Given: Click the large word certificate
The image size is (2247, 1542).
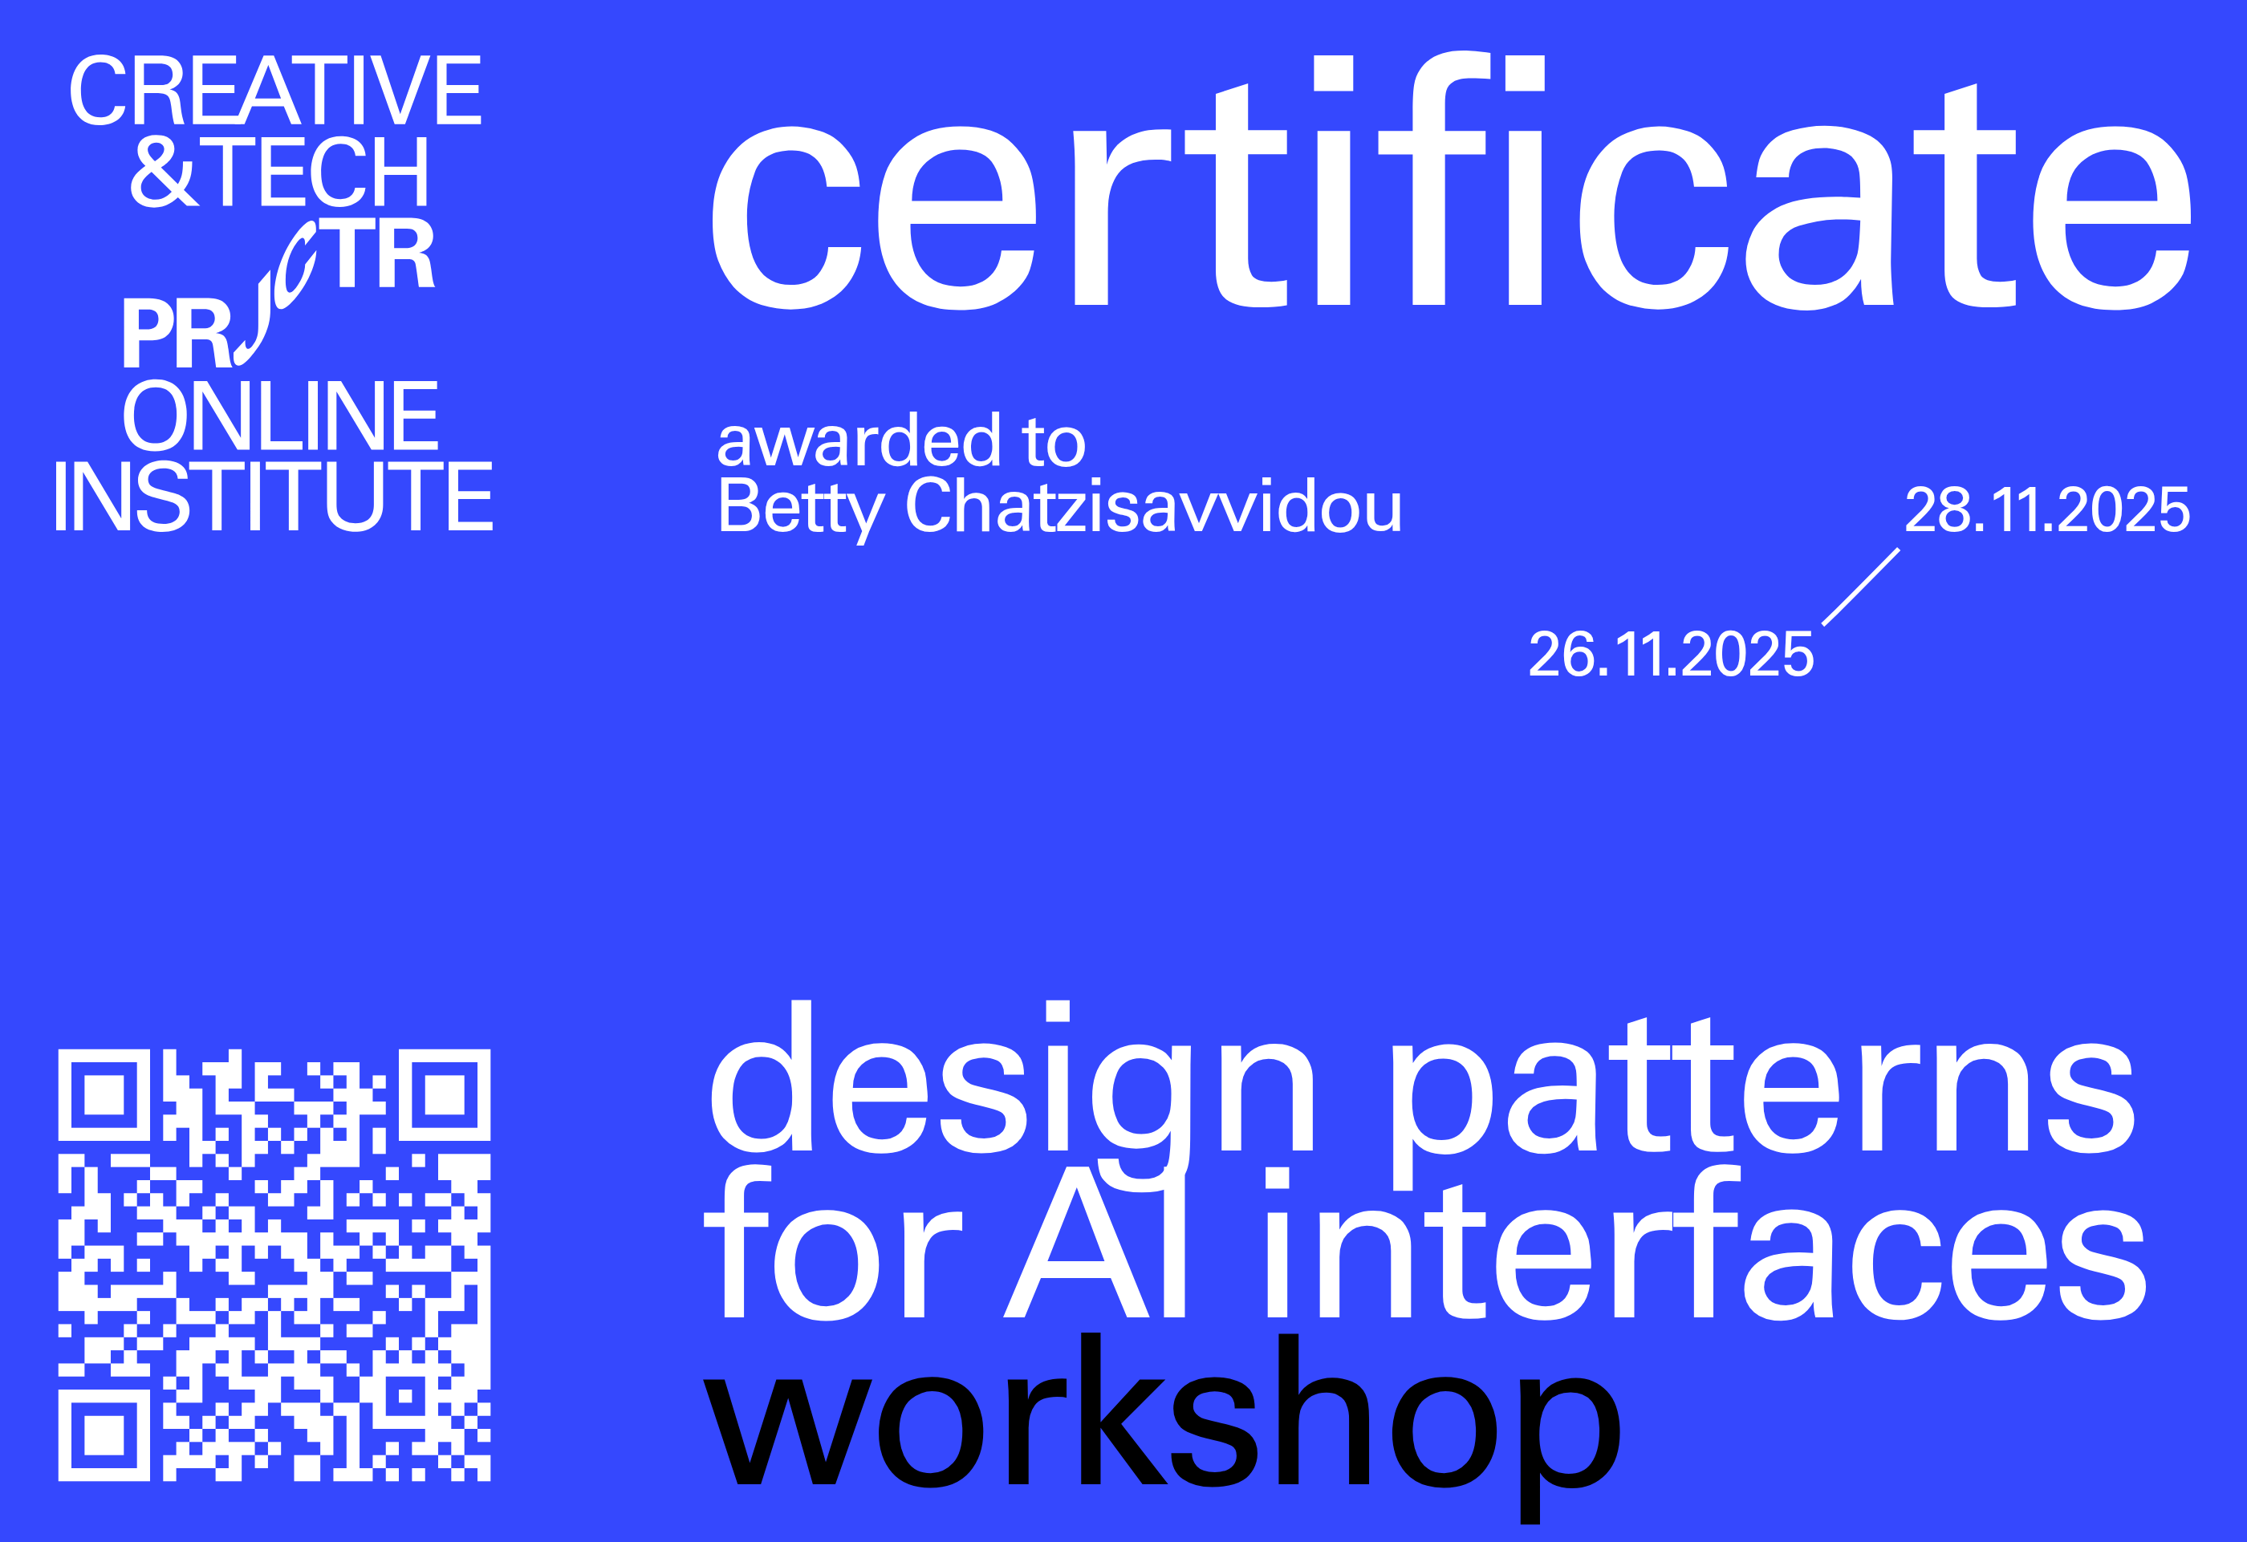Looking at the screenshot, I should point(1450,193).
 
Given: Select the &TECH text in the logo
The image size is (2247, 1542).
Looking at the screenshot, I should point(280,171).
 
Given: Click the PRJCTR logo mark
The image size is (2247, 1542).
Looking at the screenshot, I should point(280,295).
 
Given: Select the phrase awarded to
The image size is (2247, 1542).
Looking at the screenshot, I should point(901,442).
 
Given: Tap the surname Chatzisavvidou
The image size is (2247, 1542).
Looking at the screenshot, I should point(1152,506).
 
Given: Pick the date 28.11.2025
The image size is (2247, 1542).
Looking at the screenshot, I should point(2047,509).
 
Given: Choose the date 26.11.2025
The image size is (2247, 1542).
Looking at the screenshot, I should point(1671,655).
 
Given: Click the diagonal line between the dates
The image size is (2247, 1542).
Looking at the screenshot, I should point(1861,586).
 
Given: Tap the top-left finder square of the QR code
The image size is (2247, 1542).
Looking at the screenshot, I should point(104,1094).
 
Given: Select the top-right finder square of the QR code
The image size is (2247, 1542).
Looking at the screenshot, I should point(445,1094).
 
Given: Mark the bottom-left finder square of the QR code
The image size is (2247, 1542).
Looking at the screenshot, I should point(104,1434).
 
